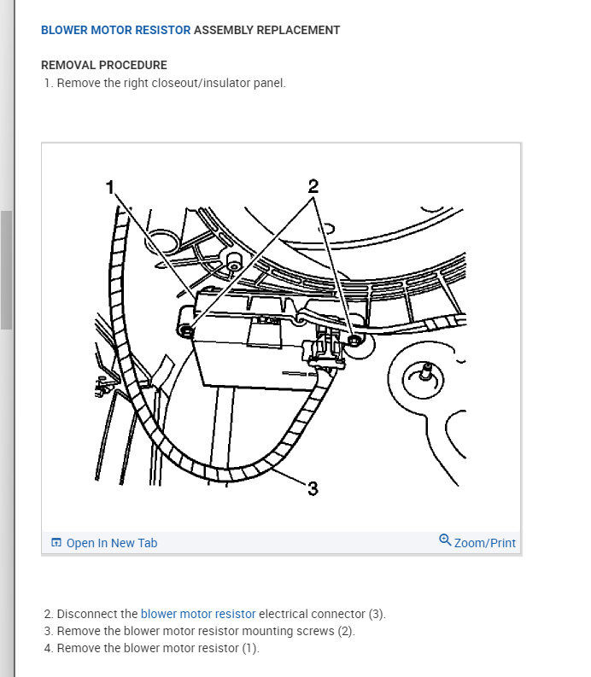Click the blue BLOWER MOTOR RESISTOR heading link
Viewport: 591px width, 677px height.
click(x=115, y=30)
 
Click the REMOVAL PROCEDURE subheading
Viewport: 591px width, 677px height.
click(x=103, y=65)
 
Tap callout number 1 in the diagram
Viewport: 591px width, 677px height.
click(x=109, y=187)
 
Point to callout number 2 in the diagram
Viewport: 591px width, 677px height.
click(x=313, y=185)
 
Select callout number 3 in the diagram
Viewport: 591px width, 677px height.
click(x=313, y=488)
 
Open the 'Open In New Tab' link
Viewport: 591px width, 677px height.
click(x=112, y=543)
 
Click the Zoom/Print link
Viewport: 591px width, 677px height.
click(x=485, y=543)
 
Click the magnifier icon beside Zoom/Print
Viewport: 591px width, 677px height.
click(x=445, y=540)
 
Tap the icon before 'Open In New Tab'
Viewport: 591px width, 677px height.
click(x=56, y=543)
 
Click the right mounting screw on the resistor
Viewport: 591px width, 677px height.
click(x=354, y=341)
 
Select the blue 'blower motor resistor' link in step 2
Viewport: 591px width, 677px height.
click(x=198, y=614)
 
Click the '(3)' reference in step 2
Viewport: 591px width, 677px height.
click(x=377, y=614)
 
